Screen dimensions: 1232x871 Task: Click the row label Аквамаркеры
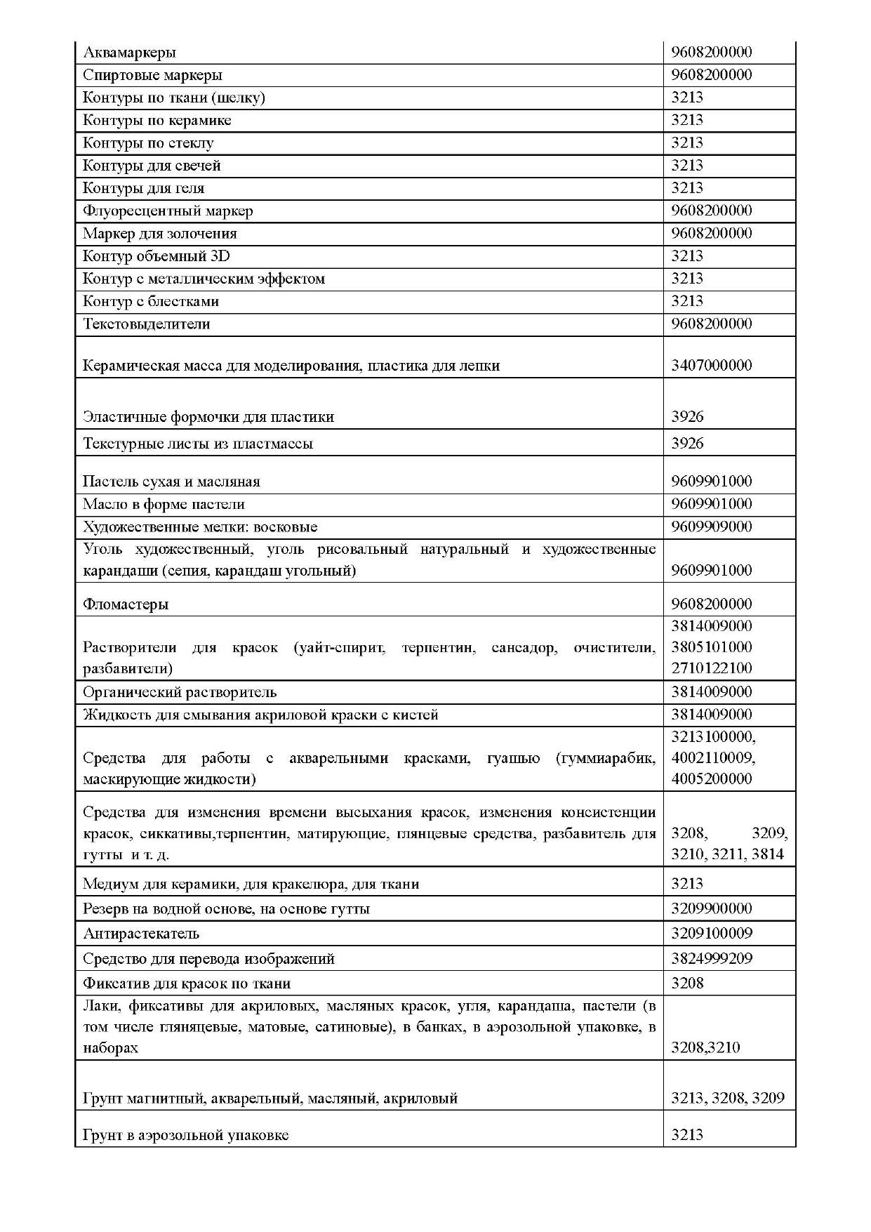pos(129,53)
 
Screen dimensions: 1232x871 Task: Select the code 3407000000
pos(711,365)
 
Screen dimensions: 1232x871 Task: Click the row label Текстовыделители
pos(147,324)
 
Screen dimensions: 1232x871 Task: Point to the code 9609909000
pos(711,526)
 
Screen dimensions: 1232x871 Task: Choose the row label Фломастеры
pos(126,604)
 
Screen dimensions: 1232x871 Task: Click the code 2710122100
pos(711,668)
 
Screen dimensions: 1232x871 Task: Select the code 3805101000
pos(711,647)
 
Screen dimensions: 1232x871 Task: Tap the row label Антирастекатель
pos(141,934)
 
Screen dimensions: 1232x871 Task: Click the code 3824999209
pos(711,959)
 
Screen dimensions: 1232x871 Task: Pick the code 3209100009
pos(711,934)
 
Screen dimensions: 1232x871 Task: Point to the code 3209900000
pos(711,909)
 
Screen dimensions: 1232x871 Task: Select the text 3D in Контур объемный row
pos(220,256)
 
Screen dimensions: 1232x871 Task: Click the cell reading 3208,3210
pos(705,1047)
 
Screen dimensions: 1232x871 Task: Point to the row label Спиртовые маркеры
pos(152,75)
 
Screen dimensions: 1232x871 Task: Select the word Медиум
pos(106,884)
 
